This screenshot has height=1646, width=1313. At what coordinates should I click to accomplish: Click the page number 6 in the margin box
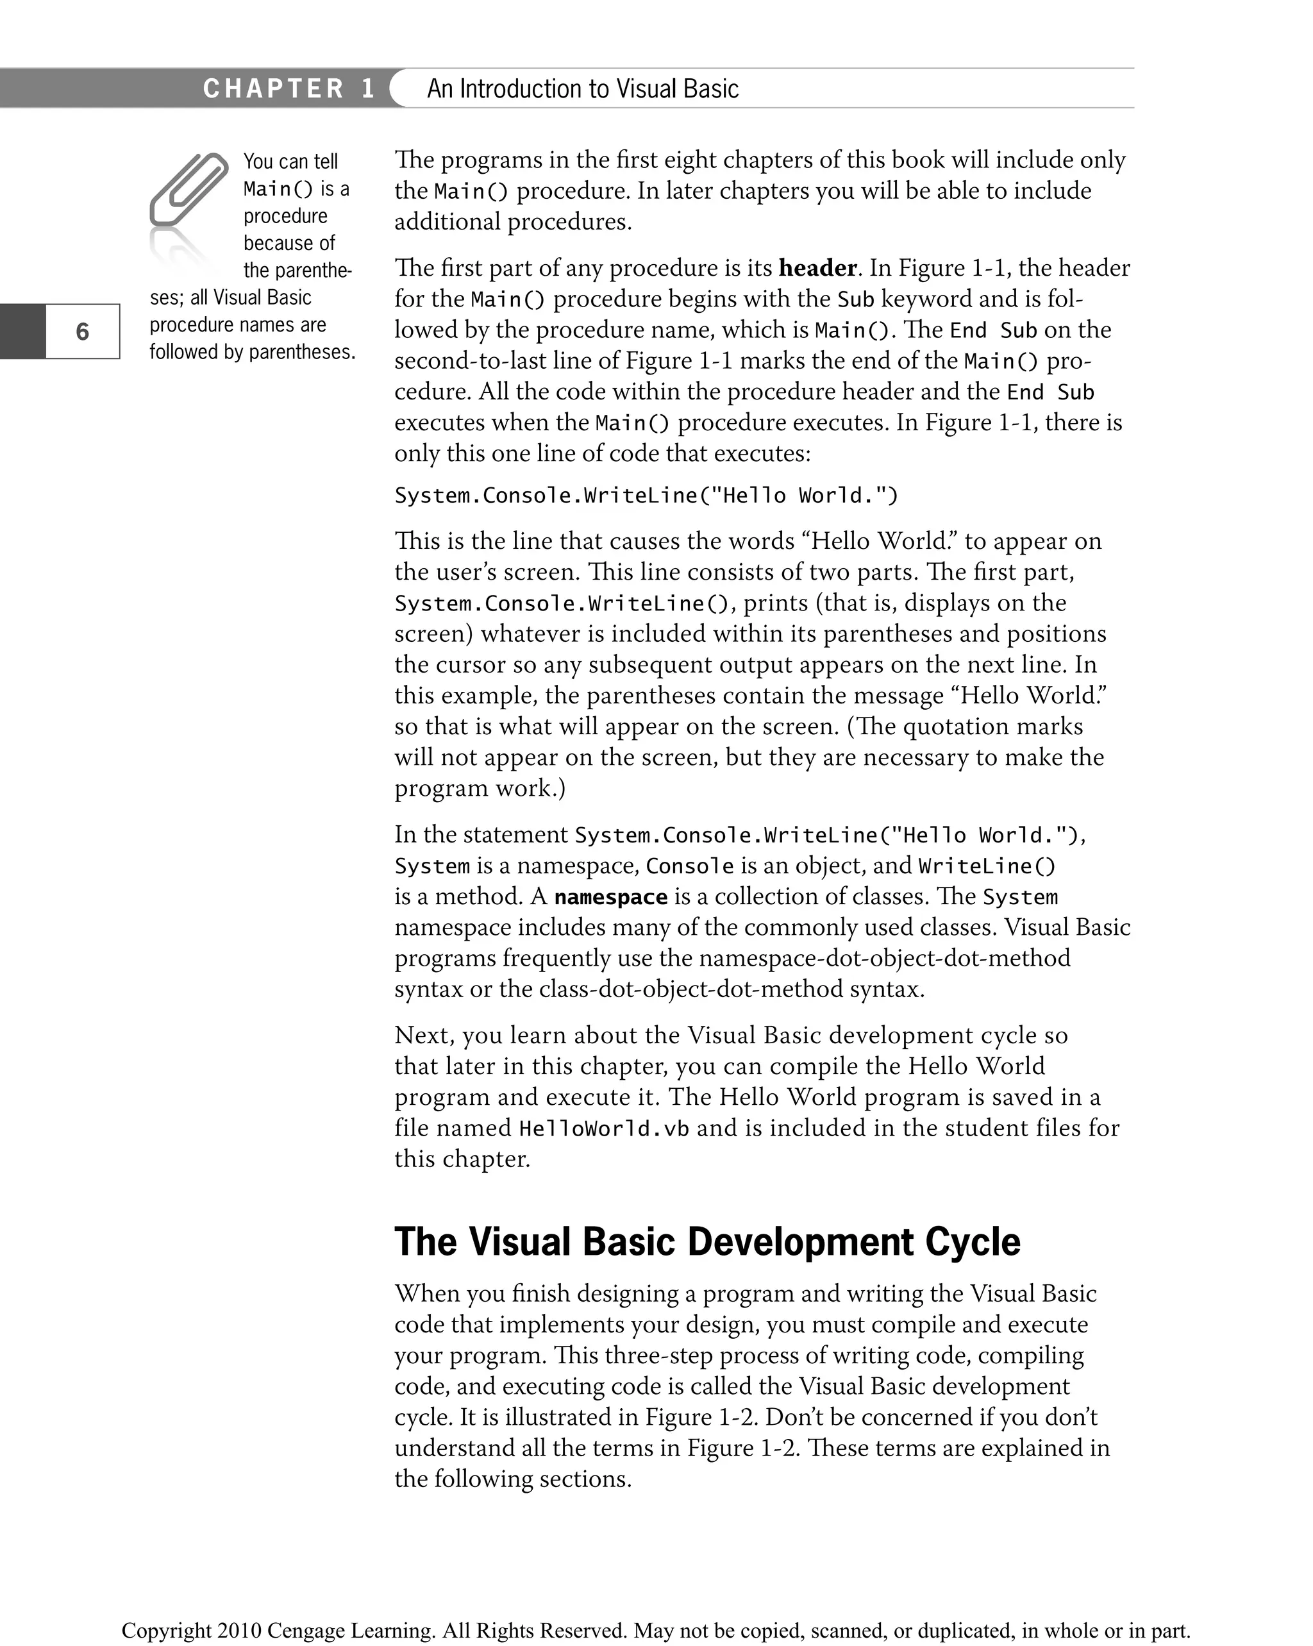(83, 332)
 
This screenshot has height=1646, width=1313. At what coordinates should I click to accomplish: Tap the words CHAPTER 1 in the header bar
(289, 88)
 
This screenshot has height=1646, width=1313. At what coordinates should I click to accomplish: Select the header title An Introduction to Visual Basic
(583, 88)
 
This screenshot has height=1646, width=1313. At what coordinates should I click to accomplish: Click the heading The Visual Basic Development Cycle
(707, 1241)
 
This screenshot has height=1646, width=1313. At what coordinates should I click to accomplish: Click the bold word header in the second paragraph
(817, 268)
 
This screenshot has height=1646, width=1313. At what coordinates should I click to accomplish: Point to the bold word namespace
(611, 896)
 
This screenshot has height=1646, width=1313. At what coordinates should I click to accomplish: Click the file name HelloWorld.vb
(604, 1129)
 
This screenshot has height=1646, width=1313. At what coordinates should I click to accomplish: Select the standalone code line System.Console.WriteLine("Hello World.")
(646, 496)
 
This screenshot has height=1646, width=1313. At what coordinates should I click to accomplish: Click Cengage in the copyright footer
(305, 1630)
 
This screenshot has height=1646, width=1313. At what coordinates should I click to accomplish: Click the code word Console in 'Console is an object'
(689, 866)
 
